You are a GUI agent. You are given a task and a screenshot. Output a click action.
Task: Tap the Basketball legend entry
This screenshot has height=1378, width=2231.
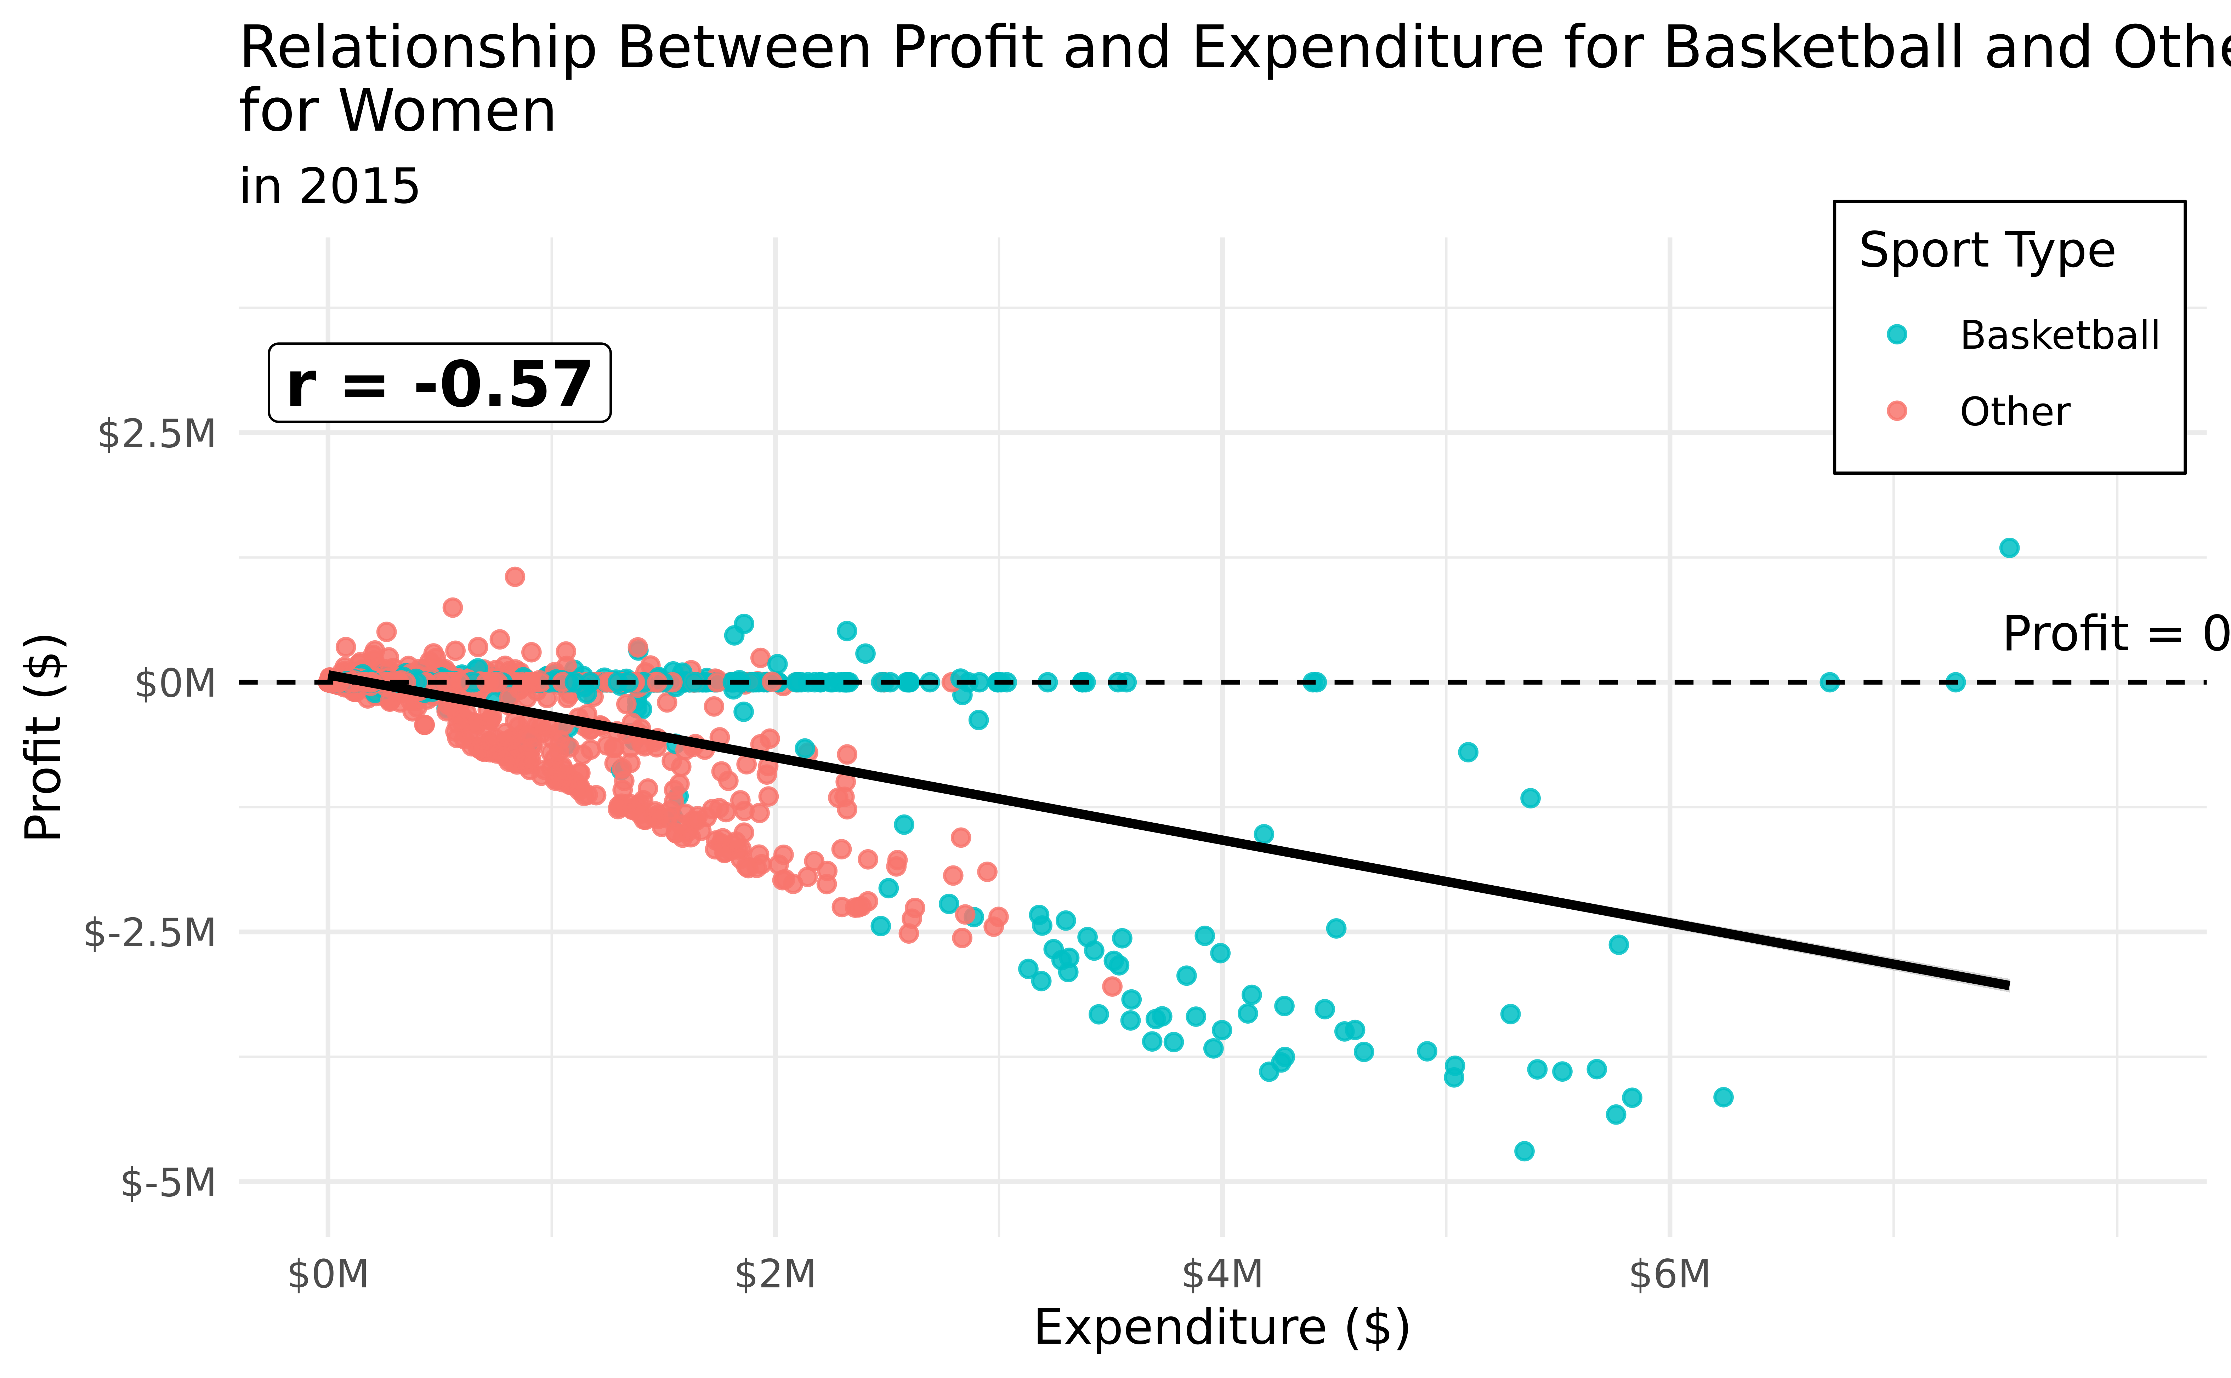(2059, 336)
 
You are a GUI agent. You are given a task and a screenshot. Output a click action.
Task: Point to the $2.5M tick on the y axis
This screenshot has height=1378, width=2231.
(157, 434)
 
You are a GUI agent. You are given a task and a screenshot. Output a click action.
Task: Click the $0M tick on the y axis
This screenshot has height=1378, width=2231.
(175, 682)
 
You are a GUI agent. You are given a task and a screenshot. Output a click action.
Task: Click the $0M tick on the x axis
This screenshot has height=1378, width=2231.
(328, 1274)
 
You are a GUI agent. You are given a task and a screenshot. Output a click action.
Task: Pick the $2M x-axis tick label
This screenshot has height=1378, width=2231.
(775, 1274)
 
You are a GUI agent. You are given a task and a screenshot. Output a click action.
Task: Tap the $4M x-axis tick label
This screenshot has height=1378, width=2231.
(1222, 1274)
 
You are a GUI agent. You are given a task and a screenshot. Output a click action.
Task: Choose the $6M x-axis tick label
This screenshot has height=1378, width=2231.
(1669, 1274)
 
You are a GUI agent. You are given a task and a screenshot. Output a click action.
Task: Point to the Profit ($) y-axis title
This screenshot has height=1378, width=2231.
(44, 736)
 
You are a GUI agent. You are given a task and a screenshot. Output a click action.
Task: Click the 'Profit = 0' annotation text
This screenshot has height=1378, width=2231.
(2115, 633)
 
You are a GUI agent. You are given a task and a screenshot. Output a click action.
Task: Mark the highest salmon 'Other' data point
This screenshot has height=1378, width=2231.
(515, 576)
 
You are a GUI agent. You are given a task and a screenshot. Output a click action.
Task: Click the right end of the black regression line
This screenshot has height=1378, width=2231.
(2007, 985)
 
